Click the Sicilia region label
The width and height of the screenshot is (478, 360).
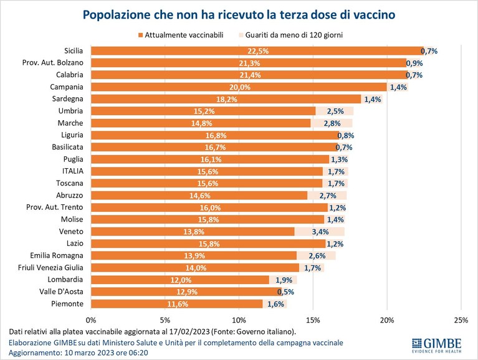click(74, 50)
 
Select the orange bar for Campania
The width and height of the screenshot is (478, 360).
click(239, 87)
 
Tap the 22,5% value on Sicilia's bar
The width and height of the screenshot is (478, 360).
click(258, 51)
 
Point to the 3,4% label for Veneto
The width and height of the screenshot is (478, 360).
click(320, 232)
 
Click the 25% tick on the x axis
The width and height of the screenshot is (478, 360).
click(461, 320)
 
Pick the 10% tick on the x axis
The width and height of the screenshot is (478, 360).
click(239, 320)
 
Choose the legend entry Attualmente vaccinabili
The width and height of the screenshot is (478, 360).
click(181, 35)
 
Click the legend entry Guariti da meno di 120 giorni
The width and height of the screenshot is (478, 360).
click(290, 35)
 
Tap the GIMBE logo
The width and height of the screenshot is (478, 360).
click(436, 345)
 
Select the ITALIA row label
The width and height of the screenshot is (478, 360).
click(72, 171)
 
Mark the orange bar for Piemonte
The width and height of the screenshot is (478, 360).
click(177, 304)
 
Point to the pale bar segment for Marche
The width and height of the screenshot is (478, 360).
click(332, 123)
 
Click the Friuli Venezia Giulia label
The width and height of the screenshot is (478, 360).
click(50, 268)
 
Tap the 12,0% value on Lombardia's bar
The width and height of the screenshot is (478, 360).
click(181, 280)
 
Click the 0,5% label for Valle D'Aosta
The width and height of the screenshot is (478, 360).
click(285, 291)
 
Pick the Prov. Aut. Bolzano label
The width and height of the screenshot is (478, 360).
click(53, 63)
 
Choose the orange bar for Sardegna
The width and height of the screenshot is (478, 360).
click(226, 99)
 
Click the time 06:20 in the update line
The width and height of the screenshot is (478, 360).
click(139, 353)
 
